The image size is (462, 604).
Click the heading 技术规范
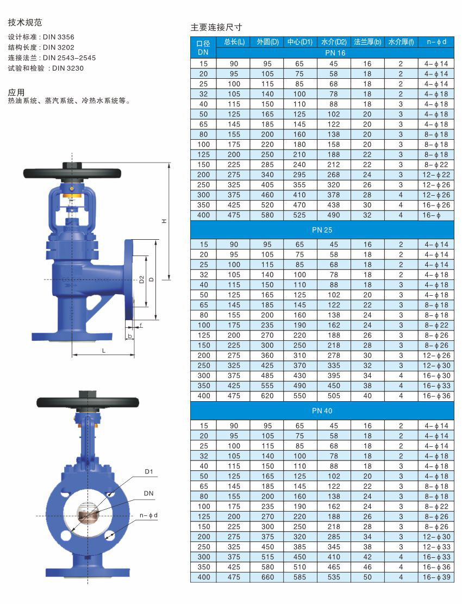click(x=25, y=22)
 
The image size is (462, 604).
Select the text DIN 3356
click(x=59, y=37)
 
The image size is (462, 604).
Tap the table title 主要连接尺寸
click(x=216, y=27)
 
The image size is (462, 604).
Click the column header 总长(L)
click(x=234, y=42)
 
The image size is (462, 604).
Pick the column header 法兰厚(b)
click(x=367, y=42)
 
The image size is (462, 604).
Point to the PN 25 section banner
click(x=322, y=230)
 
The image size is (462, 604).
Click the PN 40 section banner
click(x=322, y=410)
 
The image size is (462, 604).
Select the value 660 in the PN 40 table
click(x=267, y=577)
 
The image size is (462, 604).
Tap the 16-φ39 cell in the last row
click(x=436, y=577)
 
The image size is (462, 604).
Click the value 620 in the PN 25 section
click(x=267, y=396)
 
